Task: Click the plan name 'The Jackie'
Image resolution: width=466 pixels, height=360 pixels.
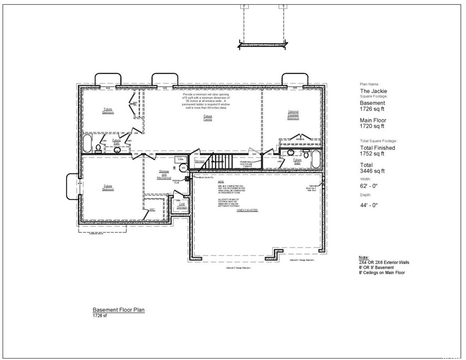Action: coord(373,91)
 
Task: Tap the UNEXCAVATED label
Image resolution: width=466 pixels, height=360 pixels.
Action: coord(247,210)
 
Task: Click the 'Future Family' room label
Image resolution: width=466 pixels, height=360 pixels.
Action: coord(208,118)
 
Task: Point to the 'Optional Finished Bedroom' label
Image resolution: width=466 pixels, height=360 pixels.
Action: coord(293,115)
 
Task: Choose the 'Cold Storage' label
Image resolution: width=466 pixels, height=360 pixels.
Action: coord(181,205)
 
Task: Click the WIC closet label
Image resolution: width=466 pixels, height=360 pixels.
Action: coord(152,210)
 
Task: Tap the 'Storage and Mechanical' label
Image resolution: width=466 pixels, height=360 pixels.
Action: coord(164,175)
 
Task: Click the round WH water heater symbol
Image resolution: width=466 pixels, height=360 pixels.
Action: coord(184,167)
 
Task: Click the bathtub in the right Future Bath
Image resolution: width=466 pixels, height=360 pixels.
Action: coord(316,160)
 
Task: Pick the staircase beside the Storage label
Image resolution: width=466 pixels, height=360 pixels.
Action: coord(218,162)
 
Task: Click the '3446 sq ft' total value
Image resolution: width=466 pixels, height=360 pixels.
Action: coord(372,170)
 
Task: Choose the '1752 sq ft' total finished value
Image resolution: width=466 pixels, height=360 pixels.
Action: coord(372,153)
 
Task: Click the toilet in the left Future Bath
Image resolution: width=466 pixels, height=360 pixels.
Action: coord(98,148)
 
